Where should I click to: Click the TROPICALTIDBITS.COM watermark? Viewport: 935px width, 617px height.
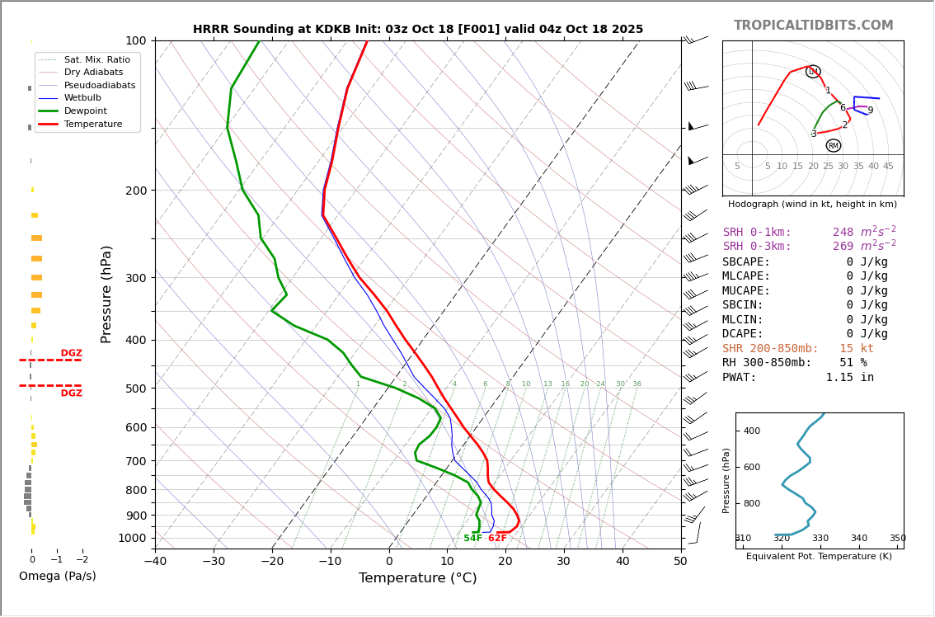pos(813,26)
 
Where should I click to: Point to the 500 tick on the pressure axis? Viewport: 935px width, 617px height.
pos(136,389)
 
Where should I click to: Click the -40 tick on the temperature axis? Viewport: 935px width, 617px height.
pos(155,563)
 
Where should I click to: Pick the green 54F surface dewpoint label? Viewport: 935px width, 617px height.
pos(472,539)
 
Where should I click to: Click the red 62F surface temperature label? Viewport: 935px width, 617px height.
pos(497,539)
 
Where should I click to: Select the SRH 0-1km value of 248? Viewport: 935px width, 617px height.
pos(843,233)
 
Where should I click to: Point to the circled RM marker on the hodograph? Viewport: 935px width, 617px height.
pos(833,146)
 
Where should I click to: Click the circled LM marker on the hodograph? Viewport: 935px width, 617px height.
pos(813,72)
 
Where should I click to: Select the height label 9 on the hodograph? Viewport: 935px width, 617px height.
pos(870,111)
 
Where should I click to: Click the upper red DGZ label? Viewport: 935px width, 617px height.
pos(71,353)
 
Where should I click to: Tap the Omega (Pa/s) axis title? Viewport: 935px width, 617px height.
pos(57,577)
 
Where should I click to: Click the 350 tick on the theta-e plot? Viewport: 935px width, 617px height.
pos(897,539)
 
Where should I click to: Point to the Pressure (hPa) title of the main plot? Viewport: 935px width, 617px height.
pos(106,294)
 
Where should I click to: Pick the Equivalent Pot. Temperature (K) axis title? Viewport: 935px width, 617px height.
pos(819,557)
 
